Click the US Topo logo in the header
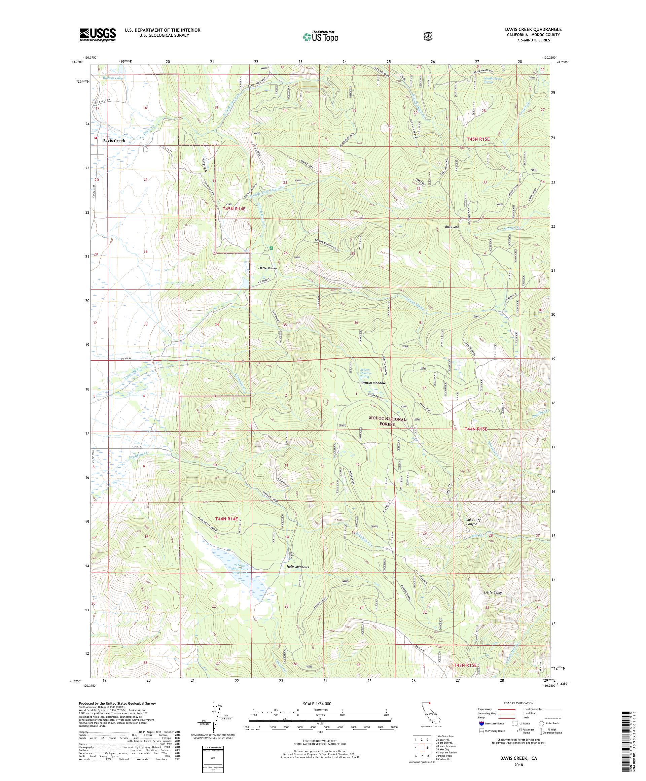(x=320, y=36)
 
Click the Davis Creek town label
(x=114, y=141)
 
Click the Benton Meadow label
(x=373, y=383)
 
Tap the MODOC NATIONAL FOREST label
(x=387, y=421)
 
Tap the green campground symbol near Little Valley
(x=271, y=248)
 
